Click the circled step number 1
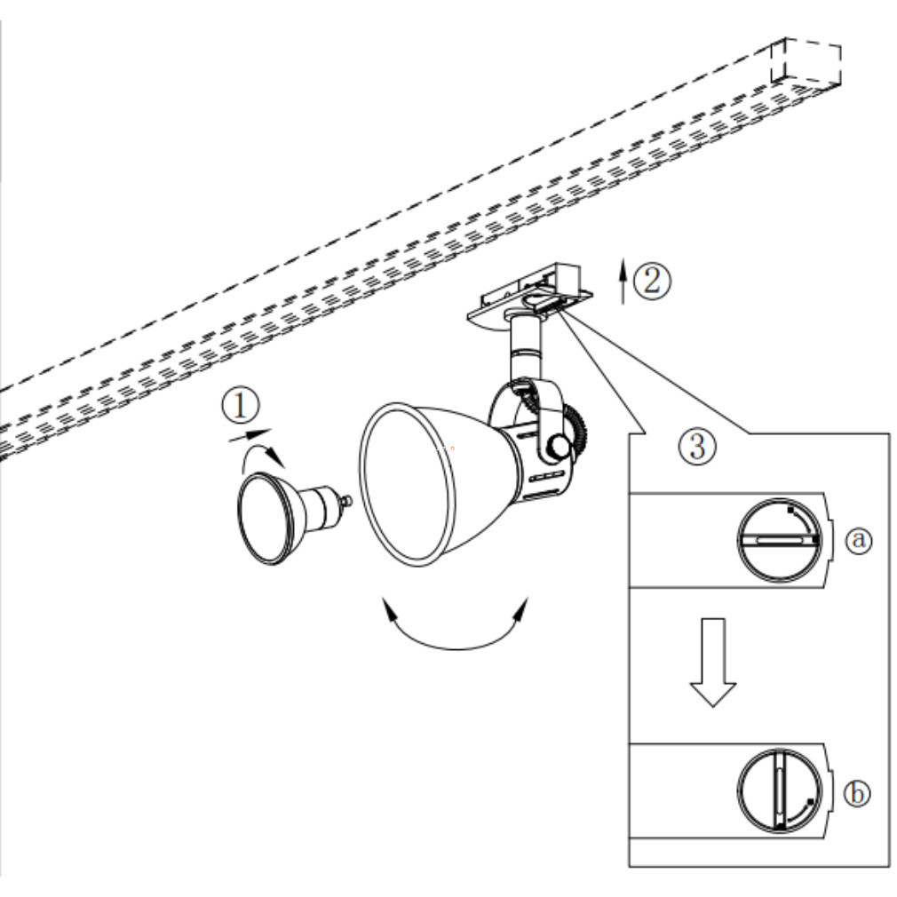pos(241,406)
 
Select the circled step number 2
pos(653,281)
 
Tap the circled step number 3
pos(697,446)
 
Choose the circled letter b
pos(857,793)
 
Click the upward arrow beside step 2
pos(623,282)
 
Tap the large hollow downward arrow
pos(712,663)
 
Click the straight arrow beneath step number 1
pos(250,435)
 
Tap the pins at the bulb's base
pos(346,502)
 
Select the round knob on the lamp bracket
pos(559,445)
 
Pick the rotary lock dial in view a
pos(780,540)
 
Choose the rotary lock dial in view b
pos(779,790)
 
